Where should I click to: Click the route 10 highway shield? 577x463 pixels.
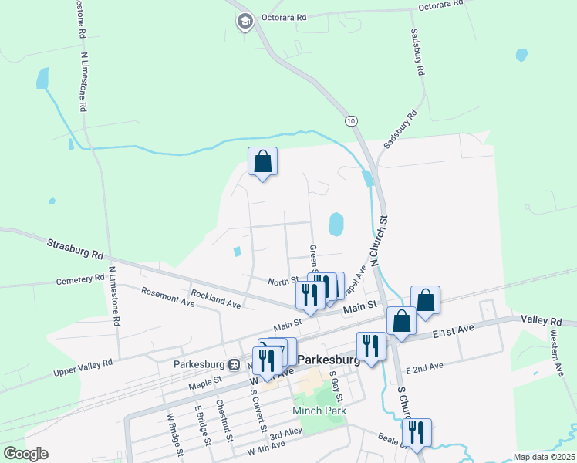point(352,121)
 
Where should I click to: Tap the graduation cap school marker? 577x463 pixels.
point(245,22)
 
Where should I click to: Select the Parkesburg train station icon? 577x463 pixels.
point(233,363)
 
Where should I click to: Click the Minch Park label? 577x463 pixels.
point(319,411)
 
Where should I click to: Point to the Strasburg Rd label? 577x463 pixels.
point(75,249)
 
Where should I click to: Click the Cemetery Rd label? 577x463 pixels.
point(79,279)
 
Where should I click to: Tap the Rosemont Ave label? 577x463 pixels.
point(166,296)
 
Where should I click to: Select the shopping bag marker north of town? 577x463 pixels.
point(262,161)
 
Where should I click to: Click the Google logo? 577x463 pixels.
point(25,454)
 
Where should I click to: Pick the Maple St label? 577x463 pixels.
point(206,380)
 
